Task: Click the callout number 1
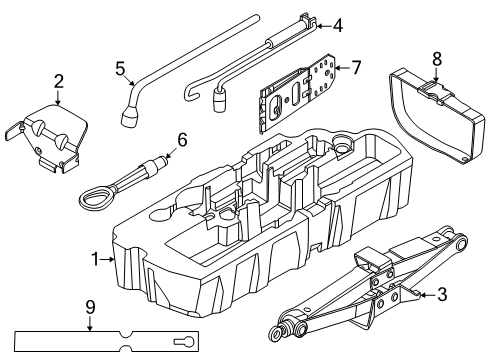coord(95,259)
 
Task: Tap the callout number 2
coord(58,82)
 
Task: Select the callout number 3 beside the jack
coord(442,295)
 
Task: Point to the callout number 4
coord(338,26)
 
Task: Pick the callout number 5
coord(120,69)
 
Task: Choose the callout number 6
coord(182,140)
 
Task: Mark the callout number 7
coord(356,68)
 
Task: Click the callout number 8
coord(437,59)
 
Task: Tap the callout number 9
coord(90,307)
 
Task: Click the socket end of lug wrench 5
coord(130,117)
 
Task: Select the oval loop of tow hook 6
coord(94,199)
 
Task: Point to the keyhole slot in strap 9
coord(184,342)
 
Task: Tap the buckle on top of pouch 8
coord(432,91)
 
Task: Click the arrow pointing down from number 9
coord(90,324)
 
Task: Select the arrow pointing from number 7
coord(342,68)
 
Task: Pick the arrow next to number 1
coord(107,259)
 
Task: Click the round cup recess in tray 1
coord(342,144)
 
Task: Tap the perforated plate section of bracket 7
coord(323,77)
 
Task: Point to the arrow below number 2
coord(58,98)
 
